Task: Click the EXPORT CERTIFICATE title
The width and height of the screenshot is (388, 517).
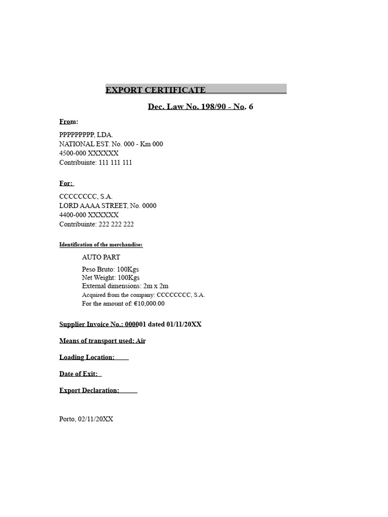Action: coord(156,90)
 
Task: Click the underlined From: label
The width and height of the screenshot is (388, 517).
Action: coord(69,122)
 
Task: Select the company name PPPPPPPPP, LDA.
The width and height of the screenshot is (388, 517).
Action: coord(86,135)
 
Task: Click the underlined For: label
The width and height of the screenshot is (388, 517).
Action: coord(66,183)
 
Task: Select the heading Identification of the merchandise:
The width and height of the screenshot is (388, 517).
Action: coord(101,245)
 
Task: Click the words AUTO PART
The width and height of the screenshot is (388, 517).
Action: coord(101,257)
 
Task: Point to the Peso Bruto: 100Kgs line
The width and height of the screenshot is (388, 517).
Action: coord(110,270)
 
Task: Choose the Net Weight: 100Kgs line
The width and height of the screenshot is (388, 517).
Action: coord(111,278)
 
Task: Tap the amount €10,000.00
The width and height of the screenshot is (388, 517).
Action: coord(149,303)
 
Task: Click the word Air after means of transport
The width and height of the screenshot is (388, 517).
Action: coord(140,341)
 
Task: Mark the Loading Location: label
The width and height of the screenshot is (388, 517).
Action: coord(87,357)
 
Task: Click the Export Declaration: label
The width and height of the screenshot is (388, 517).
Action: coord(89,390)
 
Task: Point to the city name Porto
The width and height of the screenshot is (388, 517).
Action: coord(67,419)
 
